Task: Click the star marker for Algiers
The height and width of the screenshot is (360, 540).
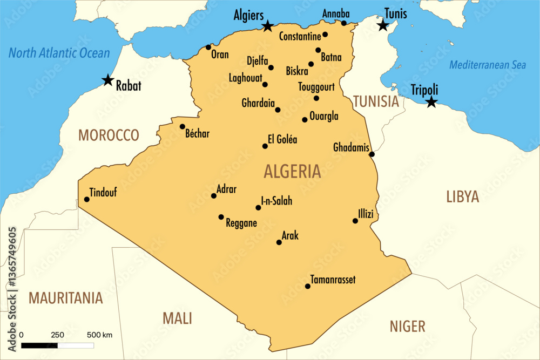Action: coord(267,26)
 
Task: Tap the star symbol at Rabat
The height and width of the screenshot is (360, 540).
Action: coord(108,80)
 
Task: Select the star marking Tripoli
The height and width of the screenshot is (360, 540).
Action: coord(431,102)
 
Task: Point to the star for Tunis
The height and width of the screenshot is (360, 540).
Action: coord(383,25)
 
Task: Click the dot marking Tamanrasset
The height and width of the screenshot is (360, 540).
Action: coord(308,286)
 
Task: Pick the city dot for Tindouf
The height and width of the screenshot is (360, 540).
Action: coord(86,199)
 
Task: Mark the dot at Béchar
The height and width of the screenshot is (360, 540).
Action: coord(183,127)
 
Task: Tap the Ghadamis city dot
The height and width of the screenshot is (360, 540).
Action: coord(372,154)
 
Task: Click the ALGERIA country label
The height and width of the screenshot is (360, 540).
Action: coord(292,172)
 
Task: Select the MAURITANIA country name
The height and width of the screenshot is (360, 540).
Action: coord(65,297)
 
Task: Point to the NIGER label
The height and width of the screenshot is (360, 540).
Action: coord(407,326)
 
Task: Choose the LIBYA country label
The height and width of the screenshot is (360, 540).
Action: coord(462,196)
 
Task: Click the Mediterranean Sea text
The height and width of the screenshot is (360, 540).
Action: coord(488,65)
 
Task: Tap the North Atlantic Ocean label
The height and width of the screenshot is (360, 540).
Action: coord(59,53)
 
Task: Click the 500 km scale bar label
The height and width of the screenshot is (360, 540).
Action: coord(99,335)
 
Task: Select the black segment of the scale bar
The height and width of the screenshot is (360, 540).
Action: coord(39,344)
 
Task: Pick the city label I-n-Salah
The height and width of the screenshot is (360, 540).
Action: coord(276,201)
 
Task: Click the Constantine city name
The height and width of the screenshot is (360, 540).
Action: coord(300,37)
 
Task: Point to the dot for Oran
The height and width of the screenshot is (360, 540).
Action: coord(208,47)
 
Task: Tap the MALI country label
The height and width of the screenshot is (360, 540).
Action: coord(177,318)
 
